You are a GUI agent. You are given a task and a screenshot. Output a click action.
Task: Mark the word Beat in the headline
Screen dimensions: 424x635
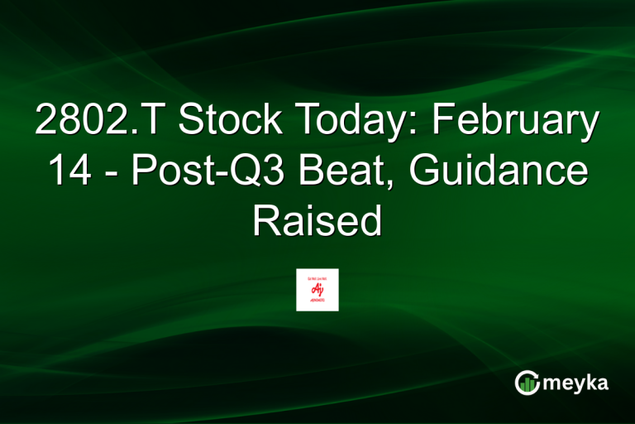click(337, 171)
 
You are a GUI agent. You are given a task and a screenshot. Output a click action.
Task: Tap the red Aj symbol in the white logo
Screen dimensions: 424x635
click(317, 287)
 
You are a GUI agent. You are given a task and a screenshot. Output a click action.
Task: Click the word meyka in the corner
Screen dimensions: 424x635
click(578, 383)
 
